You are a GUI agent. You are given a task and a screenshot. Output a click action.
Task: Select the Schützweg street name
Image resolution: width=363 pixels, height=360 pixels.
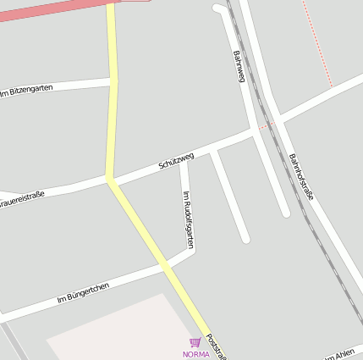click(x=176, y=161)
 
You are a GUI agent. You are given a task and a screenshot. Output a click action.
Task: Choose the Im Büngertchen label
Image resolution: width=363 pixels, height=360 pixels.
click(x=83, y=294)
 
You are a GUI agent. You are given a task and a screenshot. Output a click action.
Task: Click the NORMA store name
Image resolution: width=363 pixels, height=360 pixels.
click(x=195, y=353)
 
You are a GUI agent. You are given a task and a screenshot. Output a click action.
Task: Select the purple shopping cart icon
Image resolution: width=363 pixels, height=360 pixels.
click(x=195, y=342)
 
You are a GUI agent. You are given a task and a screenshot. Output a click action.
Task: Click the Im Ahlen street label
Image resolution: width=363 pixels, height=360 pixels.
click(x=340, y=354)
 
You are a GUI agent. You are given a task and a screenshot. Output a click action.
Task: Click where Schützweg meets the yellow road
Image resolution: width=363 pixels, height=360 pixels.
click(x=110, y=180)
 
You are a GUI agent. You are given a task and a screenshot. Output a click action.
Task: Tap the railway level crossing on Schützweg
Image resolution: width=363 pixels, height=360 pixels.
click(x=267, y=125)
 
